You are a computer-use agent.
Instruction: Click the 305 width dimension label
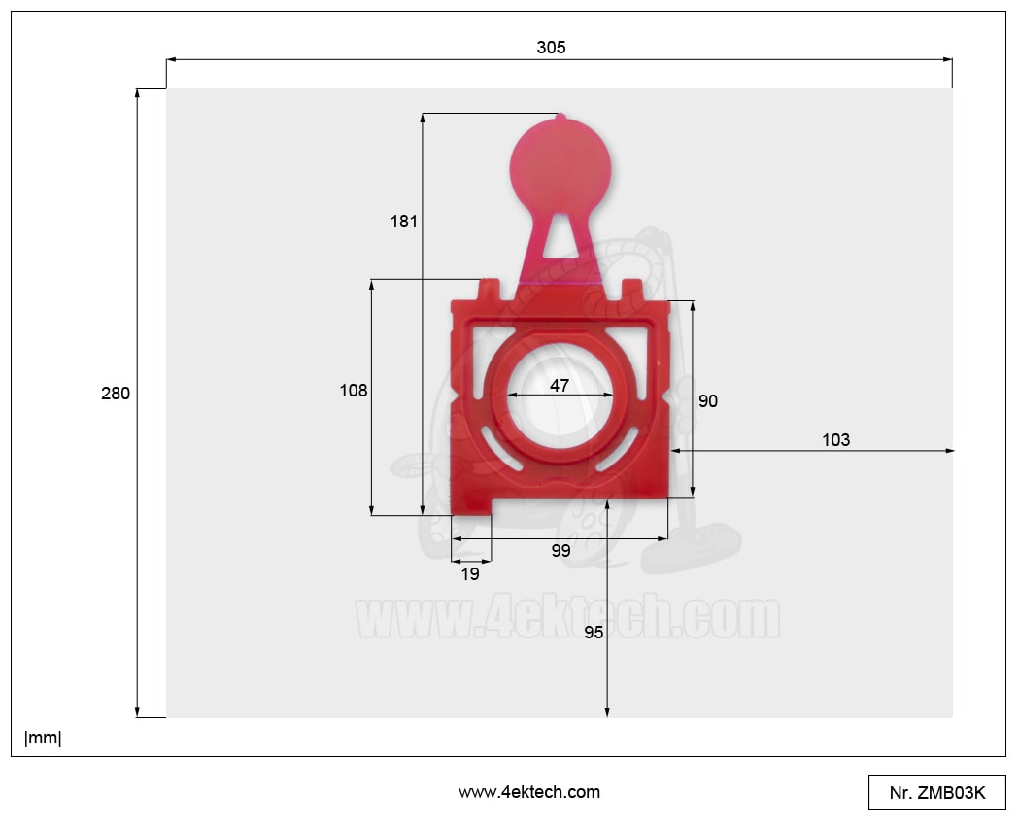pyautogui.click(x=551, y=48)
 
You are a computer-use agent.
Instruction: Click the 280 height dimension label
pyautogui.click(x=116, y=394)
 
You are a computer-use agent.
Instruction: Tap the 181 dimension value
pyautogui.click(x=403, y=222)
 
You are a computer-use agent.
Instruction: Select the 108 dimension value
pyautogui.click(x=354, y=390)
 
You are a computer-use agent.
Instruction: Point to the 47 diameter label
pyautogui.click(x=560, y=386)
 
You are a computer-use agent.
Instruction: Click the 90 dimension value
pyautogui.click(x=708, y=401)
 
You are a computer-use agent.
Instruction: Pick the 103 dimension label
pyautogui.click(x=835, y=440)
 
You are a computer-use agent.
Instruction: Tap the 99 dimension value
pyautogui.click(x=560, y=550)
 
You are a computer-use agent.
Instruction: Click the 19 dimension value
pyautogui.click(x=470, y=574)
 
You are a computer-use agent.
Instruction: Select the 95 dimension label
pyautogui.click(x=594, y=633)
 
